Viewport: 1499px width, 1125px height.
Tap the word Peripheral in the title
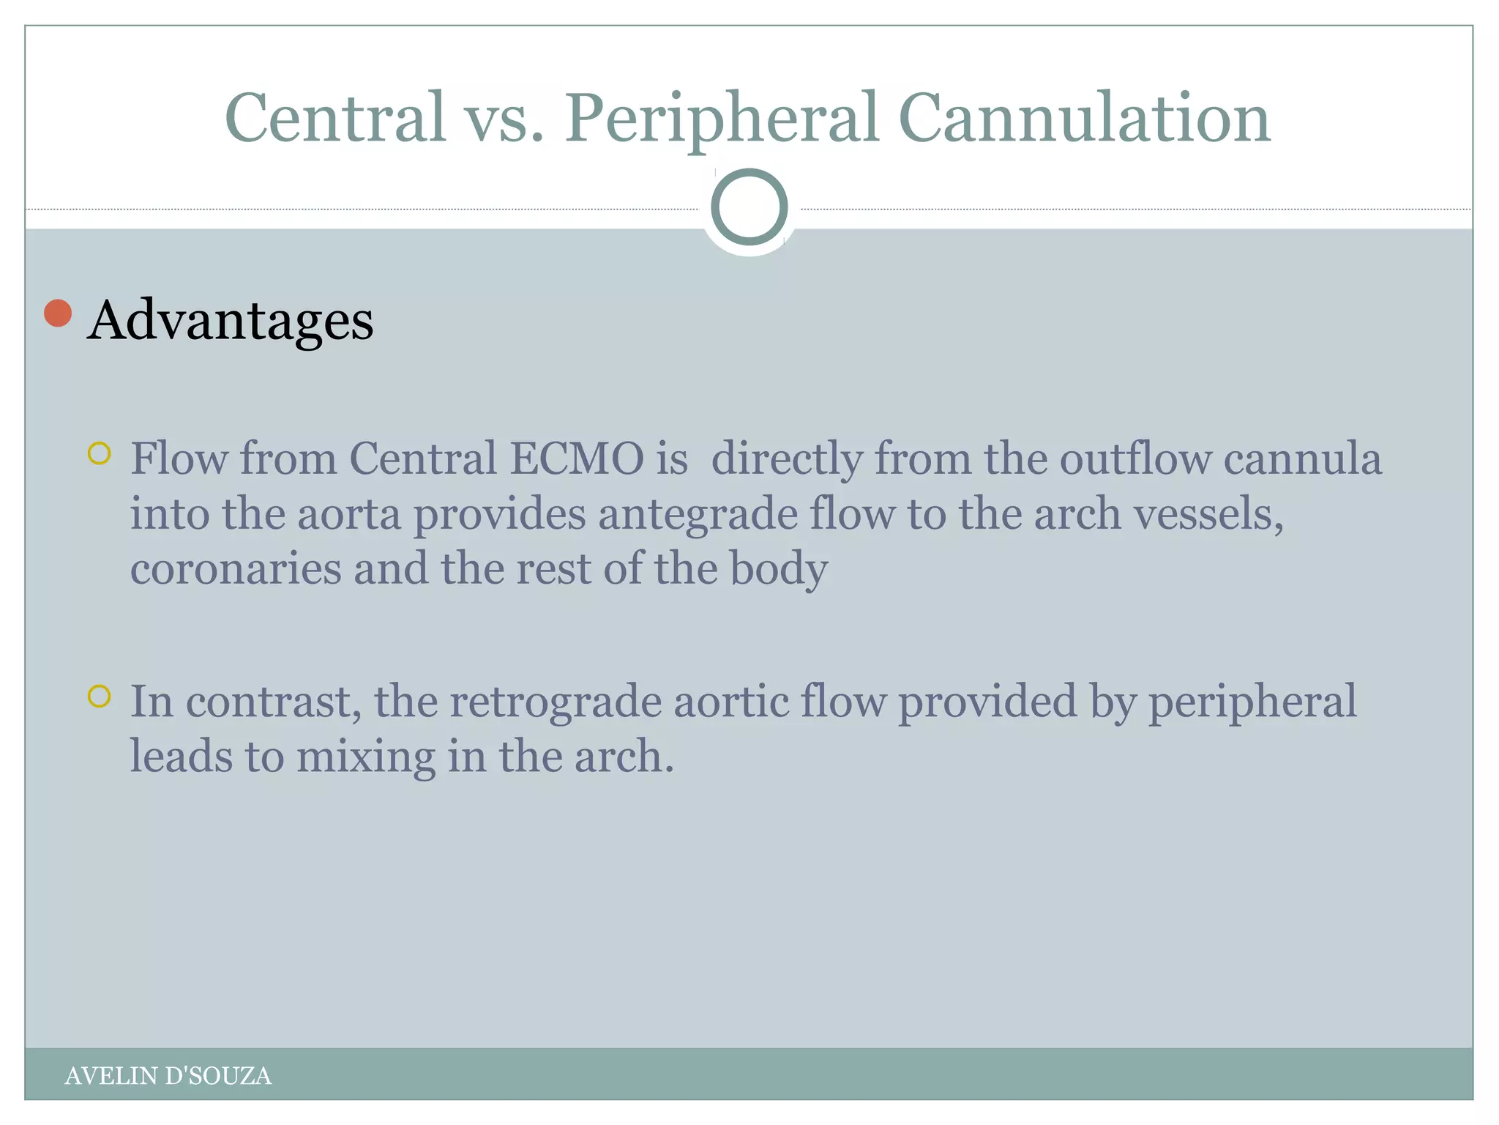pyautogui.click(x=721, y=119)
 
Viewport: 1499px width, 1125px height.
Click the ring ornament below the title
pyautogui.click(x=749, y=207)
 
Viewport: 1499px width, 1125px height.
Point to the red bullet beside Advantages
pyautogui.click(x=58, y=313)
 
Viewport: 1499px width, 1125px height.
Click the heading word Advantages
pyautogui.click(x=230, y=320)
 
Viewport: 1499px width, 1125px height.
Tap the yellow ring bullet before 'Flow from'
pyautogui.click(x=99, y=453)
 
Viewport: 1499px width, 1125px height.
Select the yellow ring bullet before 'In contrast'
pyautogui.click(x=99, y=696)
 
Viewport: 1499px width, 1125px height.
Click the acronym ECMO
pyautogui.click(x=576, y=459)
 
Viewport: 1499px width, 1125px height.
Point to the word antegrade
pyautogui.click(x=698, y=514)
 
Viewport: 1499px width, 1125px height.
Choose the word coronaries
pyautogui.click(x=236, y=569)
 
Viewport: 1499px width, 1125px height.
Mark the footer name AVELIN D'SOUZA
pyautogui.click(x=168, y=1075)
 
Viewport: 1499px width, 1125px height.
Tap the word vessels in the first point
pyautogui.click(x=1208, y=514)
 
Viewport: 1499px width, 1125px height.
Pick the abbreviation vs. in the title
pyautogui.click(x=505, y=119)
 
